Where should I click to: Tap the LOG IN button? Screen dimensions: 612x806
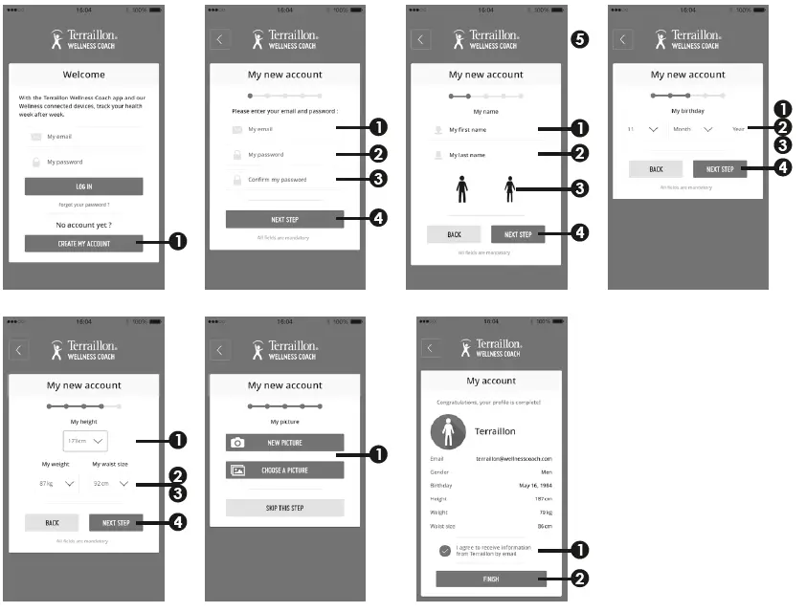click(x=83, y=186)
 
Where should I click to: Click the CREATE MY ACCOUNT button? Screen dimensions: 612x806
click(x=83, y=244)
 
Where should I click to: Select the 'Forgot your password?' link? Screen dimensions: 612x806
click(x=83, y=206)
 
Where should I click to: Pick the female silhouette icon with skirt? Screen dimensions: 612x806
click(x=509, y=189)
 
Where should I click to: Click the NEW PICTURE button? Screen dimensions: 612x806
click(x=284, y=443)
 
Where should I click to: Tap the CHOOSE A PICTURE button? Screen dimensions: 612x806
click(x=284, y=470)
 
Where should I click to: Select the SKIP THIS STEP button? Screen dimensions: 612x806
click(x=284, y=508)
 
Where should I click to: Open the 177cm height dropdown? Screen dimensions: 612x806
click(x=85, y=441)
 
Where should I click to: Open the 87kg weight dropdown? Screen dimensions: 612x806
click(x=57, y=484)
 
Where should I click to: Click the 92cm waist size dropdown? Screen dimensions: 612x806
click(x=111, y=484)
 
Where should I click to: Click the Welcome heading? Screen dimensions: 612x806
click(x=83, y=75)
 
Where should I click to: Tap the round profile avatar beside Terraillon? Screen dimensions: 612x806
click(x=447, y=432)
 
